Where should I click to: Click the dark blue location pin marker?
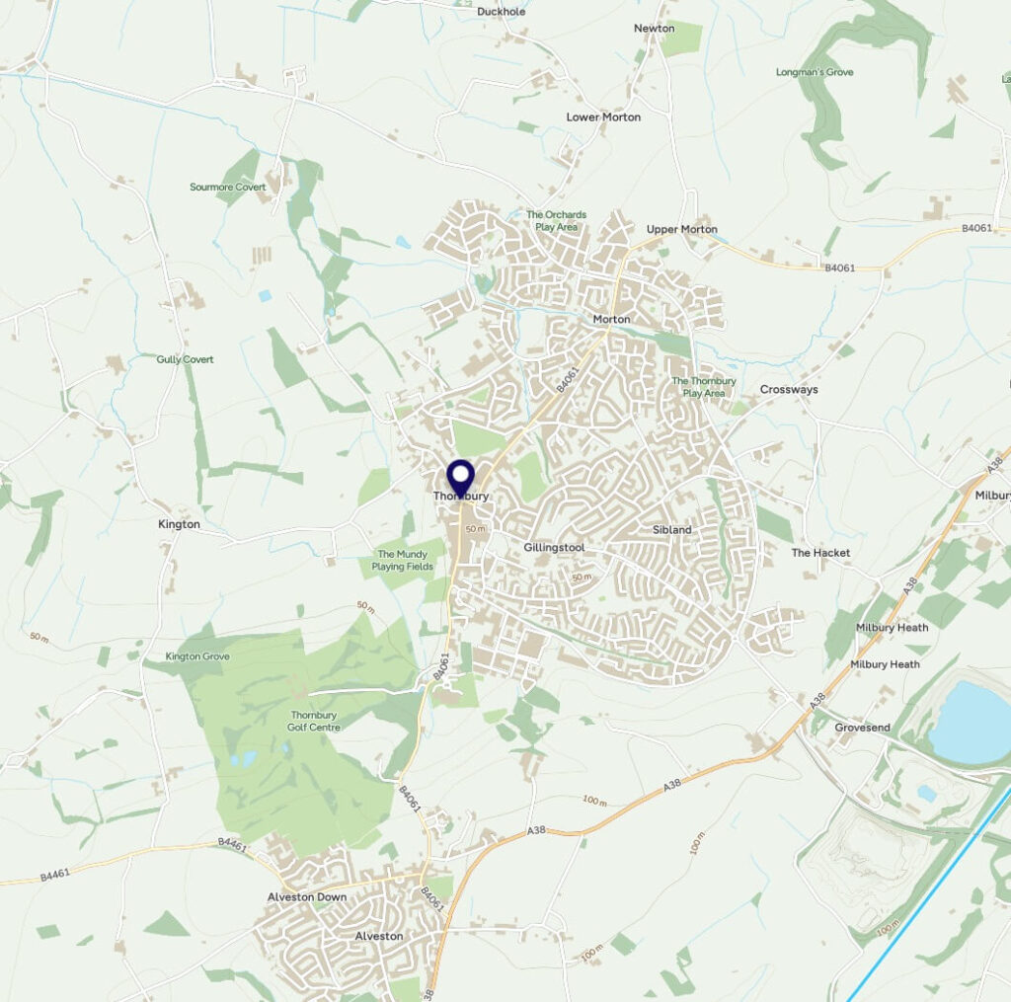[461, 478]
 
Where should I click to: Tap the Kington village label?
[179, 524]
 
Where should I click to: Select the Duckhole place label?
[502, 12]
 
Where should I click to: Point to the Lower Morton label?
[603, 116]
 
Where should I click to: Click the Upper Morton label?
[681, 229]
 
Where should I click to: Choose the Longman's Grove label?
[815, 72]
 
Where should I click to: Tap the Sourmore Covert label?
[228, 187]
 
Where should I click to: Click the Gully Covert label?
[185, 359]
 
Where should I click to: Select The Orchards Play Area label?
[556, 220]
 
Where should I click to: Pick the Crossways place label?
[789, 389]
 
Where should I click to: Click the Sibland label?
[672, 530]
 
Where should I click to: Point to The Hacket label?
[820, 553]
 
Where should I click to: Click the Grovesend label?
[862, 728]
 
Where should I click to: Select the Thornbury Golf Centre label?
[315, 722]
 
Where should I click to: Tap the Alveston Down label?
[307, 896]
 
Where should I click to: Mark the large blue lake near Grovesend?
[972, 724]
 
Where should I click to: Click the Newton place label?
[654, 29]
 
